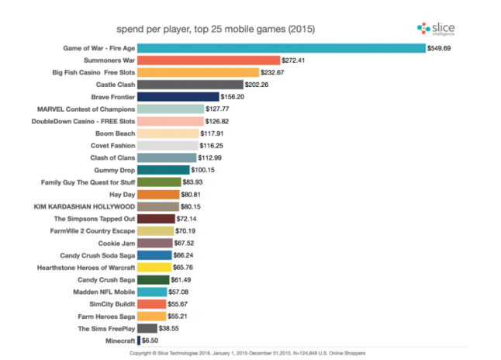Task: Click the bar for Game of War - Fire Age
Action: (x=281, y=47)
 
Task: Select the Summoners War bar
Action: (x=208, y=60)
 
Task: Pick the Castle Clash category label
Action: (x=115, y=85)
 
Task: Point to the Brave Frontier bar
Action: (x=178, y=96)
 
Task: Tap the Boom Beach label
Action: (x=115, y=133)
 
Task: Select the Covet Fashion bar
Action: (x=167, y=145)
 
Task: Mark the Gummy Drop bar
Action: (x=163, y=170)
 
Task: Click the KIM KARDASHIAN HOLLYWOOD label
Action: (x=81, y=206)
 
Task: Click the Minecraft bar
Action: (x=138, y=341)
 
